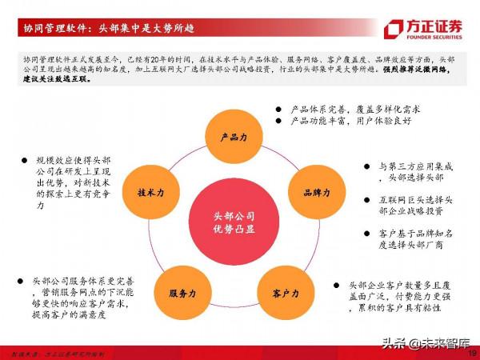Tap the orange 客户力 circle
point(280,293)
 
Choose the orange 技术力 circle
point(150,193)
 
